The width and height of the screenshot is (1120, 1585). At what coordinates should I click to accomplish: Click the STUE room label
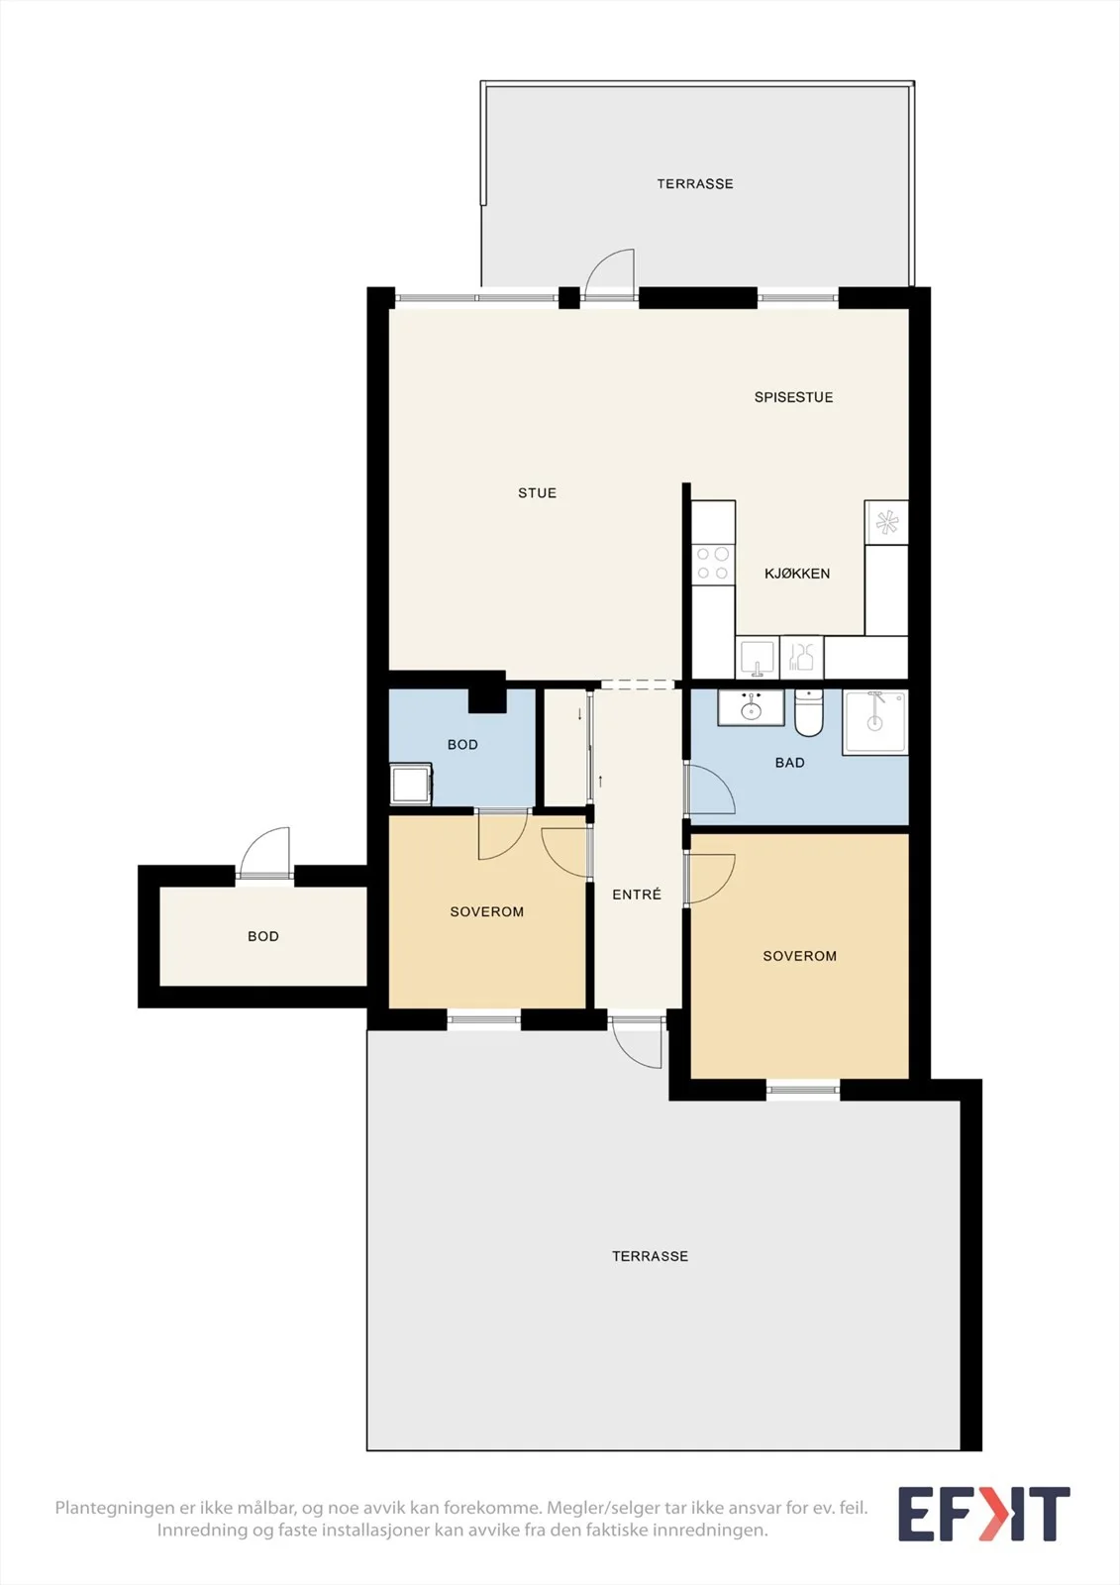point(537,493)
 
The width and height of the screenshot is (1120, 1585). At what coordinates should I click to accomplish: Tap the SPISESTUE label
point(793,397)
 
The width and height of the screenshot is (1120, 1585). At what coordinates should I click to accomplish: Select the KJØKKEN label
point(796,574)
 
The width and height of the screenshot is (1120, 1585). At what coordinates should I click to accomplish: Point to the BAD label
point(789,763)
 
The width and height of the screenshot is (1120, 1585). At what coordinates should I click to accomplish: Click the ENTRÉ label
point(637,895)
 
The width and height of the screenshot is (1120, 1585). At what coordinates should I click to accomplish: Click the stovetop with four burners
point(713,564)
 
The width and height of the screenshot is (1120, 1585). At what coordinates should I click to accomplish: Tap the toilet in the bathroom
point(808,713)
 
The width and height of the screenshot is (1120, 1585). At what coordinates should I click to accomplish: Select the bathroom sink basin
point(751,708)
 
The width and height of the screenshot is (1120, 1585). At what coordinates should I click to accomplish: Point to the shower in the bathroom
point(874,722)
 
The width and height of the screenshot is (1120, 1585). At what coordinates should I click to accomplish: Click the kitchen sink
point(758,658)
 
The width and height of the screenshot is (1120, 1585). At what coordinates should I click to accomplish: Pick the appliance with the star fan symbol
point(886,523)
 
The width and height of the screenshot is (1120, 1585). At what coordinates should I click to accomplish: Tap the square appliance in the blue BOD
point(411,784)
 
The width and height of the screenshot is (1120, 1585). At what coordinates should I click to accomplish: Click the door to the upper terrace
point(609,275)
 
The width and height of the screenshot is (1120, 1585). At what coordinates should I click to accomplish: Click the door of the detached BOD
point(264,853)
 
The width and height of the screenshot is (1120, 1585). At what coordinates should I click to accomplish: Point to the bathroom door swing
point(711,790)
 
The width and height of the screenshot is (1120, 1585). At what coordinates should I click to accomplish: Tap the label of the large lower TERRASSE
point(650,1256)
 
